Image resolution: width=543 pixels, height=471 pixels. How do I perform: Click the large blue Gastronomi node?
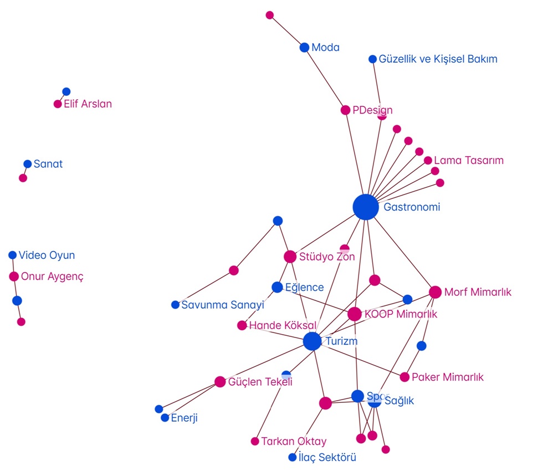(x=366, y=207)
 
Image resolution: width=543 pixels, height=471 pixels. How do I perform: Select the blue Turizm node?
(x=313, y=341)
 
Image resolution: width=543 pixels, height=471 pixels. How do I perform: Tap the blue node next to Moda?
(x=304, y=48)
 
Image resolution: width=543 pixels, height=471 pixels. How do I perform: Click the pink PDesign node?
(x=346, y=110)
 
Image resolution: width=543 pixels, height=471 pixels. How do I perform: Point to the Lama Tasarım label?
(x=469, y=161)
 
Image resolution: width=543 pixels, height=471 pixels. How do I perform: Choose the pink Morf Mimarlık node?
(x=435, y=292)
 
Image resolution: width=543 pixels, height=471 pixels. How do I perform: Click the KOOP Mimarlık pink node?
(x=355, y=314)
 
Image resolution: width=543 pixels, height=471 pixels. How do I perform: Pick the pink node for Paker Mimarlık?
(x=404, y=377)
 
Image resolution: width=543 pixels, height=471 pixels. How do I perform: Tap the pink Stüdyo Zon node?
(x=290, y=257)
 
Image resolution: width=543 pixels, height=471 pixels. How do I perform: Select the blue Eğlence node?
(x=277, y=287)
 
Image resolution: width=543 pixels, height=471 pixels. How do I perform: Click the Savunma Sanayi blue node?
(x=176, y=305)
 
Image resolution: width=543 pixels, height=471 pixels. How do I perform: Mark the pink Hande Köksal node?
(x=242, y=325)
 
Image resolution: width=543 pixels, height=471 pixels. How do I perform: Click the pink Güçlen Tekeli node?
(x=220, y=382)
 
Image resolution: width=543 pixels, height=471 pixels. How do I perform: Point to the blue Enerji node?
(x=165, y=418)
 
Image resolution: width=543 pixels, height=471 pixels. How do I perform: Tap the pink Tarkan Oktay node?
(x=255, y=442)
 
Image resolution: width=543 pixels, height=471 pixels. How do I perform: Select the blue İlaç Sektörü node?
(x=293, y=458)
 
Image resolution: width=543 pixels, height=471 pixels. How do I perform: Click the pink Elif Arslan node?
(x=58, y=104)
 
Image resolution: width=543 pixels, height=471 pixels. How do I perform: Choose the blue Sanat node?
(x=28, y=164)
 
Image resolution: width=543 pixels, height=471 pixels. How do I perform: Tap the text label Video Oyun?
(x=47, y=255)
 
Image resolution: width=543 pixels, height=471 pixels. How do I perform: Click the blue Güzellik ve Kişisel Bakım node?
(x=373, y=59)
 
